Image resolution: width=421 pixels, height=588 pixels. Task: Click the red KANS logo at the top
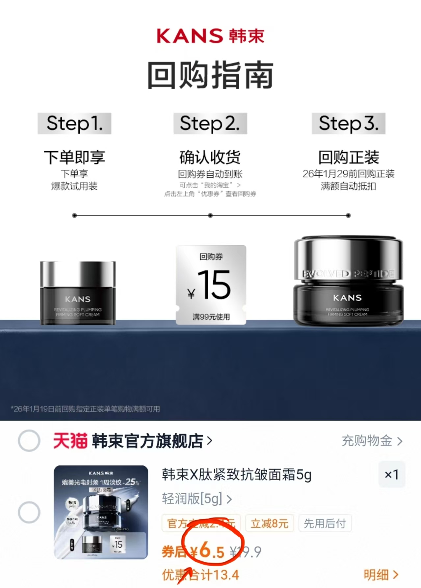pyautogui.click(x=210, y=36)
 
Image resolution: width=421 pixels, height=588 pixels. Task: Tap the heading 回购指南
pyautogui.click(x=210, y=75)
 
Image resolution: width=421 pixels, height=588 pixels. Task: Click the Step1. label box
pyautogui.click(x=74, y=124)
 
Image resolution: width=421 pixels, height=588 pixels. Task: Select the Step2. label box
pyautogui.click(x=210, y=124)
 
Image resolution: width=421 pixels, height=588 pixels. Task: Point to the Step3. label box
pyautogui.click(x=349, y=124)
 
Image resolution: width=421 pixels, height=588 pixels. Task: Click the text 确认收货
pyautogui.click(x=210, y=157)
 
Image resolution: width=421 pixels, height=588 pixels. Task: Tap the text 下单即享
pyautogui.click(x=74, y=157)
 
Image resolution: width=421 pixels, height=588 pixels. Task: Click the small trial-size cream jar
pyautogui.click(x=78, y=293)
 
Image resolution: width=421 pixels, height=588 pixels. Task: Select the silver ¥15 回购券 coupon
pyautogui.click(x=211, y=285)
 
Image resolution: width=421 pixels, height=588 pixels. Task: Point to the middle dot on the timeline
pyautogui.click(x=210, y=215)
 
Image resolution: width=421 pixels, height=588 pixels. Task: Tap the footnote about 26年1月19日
pyautogui.click(x=85, y=409)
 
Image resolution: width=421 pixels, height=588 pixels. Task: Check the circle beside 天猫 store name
pyautogui.click(x=29, y=441)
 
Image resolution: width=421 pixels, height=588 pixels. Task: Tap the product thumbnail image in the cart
pyautogui.click(x=101, y=512)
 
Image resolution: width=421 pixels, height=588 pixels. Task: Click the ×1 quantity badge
pyautogui.click(x=391, y=475)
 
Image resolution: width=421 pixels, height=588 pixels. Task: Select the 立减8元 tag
pyautogui.click(x=270, y=523)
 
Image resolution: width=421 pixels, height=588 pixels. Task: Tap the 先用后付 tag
pyautogui.click(x=325, y=523)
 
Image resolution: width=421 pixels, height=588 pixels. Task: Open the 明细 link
pyautogui.click(x=381, y=575)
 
